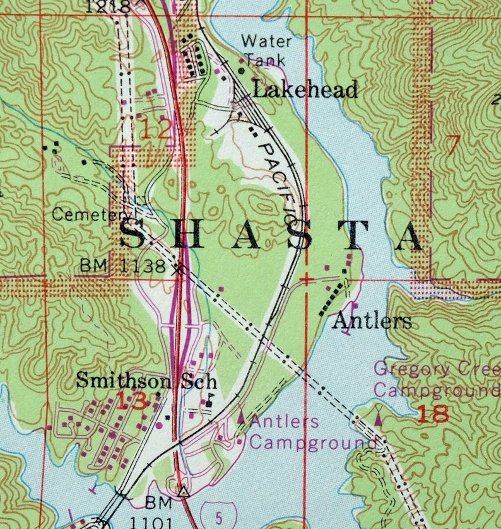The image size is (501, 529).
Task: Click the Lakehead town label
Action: pyautogui.click(x=305, y=90)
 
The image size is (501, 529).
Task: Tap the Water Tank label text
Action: pyautogui.click(x=266, y=51)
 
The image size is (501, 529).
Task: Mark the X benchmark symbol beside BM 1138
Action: pyautogui.click(x=180, y=269)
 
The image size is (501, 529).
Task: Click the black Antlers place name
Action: pyautogui.click(x=372, y=322)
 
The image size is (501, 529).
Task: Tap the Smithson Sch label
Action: pyautogui.click(x=146, y=381)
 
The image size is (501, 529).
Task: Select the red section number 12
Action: pyautogui.click(x=155, y=130)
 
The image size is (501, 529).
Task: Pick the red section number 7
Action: pyautogui.click(x=452, y=145)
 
